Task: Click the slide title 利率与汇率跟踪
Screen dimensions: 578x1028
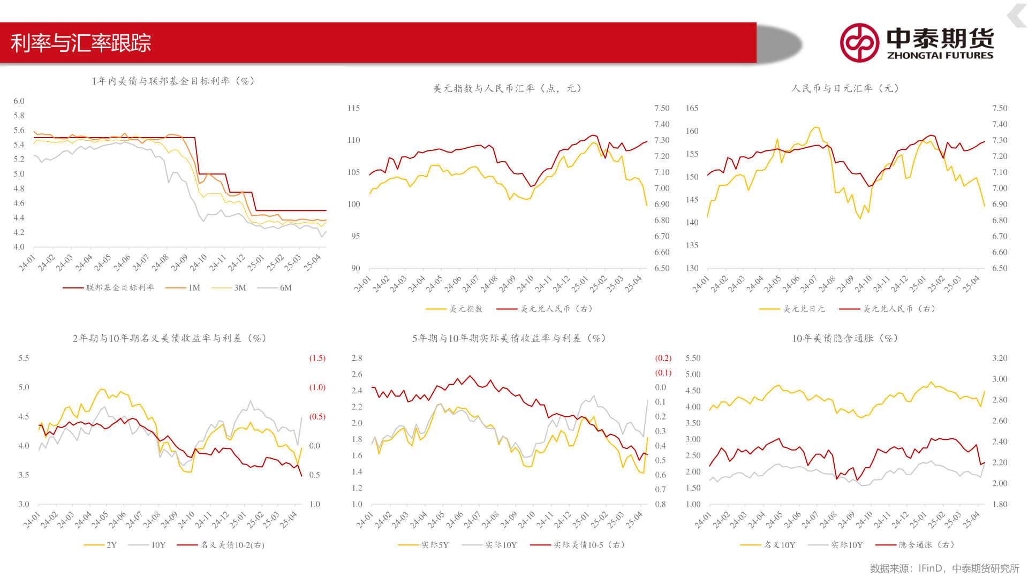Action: pyautogui.click(x=81, y=43)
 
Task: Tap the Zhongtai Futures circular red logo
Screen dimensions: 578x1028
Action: pyautogui.click(x=859, y=43)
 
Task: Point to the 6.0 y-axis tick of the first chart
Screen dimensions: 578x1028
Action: pyautogui.click(x=19, y=101)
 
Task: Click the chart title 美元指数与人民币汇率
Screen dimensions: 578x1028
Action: pyautogui.click(x=507, y=88)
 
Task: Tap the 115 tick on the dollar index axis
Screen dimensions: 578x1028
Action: pyautogui.click(x=353, y=108)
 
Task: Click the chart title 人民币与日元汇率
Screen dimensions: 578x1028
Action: pyautogui.click(x=845, y=88)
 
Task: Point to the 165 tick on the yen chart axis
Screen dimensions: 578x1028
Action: pyautogui.click(x=692, y=108)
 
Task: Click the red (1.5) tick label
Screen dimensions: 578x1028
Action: pyautogui.click(x=317, y=358)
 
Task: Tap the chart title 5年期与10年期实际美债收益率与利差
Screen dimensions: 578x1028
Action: pyautogui.click(x=509, y=338)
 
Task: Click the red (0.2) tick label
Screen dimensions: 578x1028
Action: pyautogui.click(x=663, y=358)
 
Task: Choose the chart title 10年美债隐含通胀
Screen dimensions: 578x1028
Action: pyautogui.click(x=845, y=338)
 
